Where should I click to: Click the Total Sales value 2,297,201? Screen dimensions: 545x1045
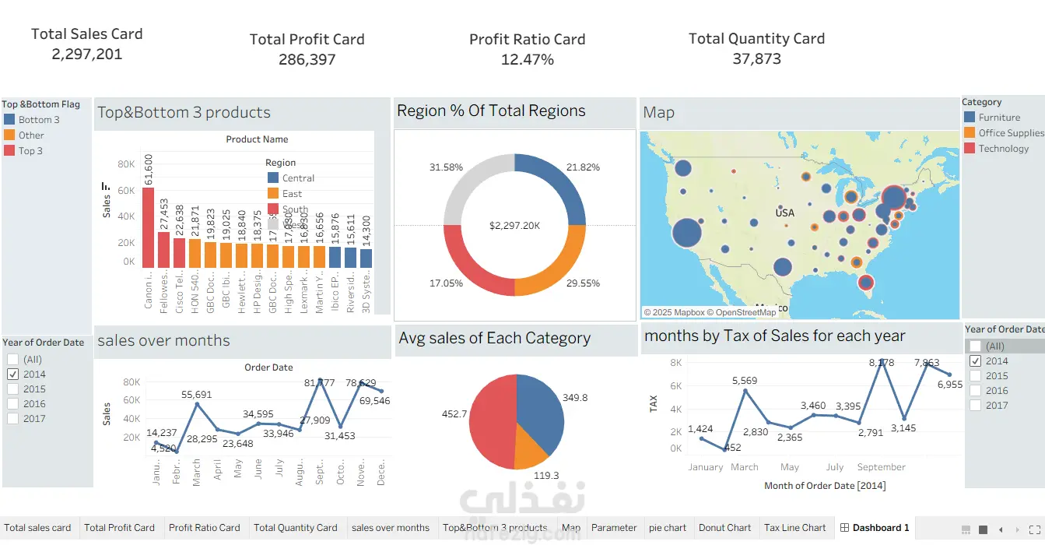86,54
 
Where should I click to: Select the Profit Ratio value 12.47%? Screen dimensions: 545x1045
527,59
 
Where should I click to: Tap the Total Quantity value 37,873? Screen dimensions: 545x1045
756,59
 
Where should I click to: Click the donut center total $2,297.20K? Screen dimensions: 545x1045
514,226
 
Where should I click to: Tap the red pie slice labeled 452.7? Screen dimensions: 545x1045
490,420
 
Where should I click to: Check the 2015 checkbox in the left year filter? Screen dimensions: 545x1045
12,389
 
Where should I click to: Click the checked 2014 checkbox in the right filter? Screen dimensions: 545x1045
975,361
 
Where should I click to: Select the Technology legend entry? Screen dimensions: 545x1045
1003,149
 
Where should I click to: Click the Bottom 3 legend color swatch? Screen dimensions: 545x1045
9,120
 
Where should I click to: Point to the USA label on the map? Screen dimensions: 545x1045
784,213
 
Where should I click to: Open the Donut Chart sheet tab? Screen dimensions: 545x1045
724,528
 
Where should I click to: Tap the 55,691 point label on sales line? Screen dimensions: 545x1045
197,396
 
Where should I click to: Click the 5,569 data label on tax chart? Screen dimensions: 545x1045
745,381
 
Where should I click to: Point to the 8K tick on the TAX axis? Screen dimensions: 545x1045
675,363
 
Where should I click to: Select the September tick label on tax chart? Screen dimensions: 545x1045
881,467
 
